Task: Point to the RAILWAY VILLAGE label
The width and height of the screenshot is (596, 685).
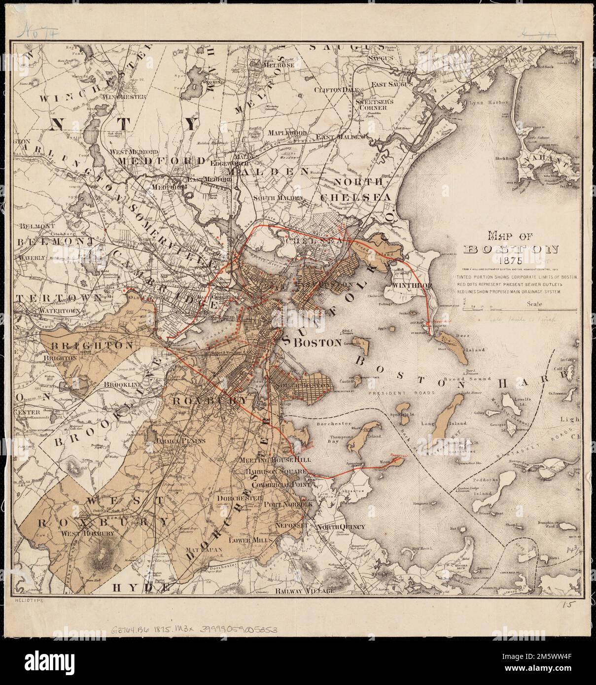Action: pos(304,590)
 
